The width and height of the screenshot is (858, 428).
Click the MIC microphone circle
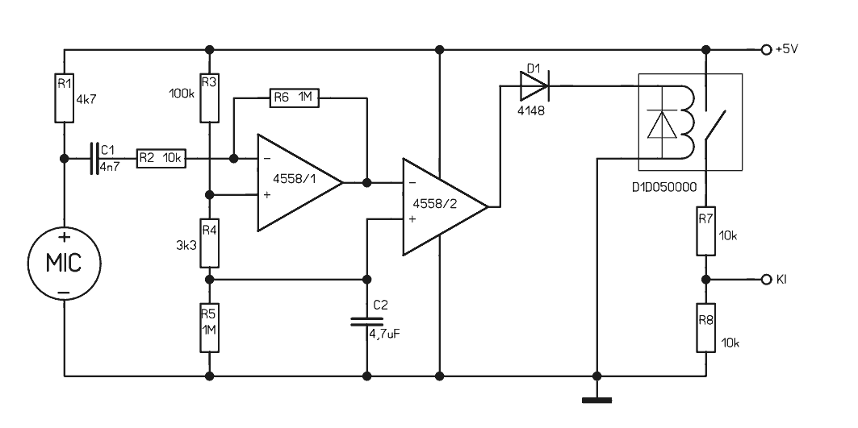(x=64, y=263)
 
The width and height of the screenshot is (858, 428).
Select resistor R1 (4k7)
(x=64, y=98)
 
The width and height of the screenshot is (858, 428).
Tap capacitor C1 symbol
(x=94, y=159)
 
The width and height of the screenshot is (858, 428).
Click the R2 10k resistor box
(x=161, y=159)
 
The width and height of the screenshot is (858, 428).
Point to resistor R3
(x=209, y=98)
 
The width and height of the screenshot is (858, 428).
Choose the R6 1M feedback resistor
(x=295, y=98)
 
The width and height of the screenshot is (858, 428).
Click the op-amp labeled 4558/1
(x=300, y=183)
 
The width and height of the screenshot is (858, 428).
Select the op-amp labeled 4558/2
(x=445, y=206)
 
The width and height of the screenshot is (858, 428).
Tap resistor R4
(x=209, y=243)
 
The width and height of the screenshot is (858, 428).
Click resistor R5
(x=209, y=328)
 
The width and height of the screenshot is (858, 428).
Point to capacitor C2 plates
(x=366, y=321)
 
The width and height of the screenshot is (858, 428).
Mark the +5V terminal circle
(x=766, y=50)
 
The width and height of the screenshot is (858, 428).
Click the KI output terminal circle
(x=766, y=280)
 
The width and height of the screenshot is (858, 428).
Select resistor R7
(x=706, y=231)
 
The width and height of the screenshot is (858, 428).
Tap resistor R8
(x=706, y=328)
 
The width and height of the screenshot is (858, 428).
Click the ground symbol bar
(x=597, y=400)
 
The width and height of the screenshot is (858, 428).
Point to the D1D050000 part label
(x=664, y=188)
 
